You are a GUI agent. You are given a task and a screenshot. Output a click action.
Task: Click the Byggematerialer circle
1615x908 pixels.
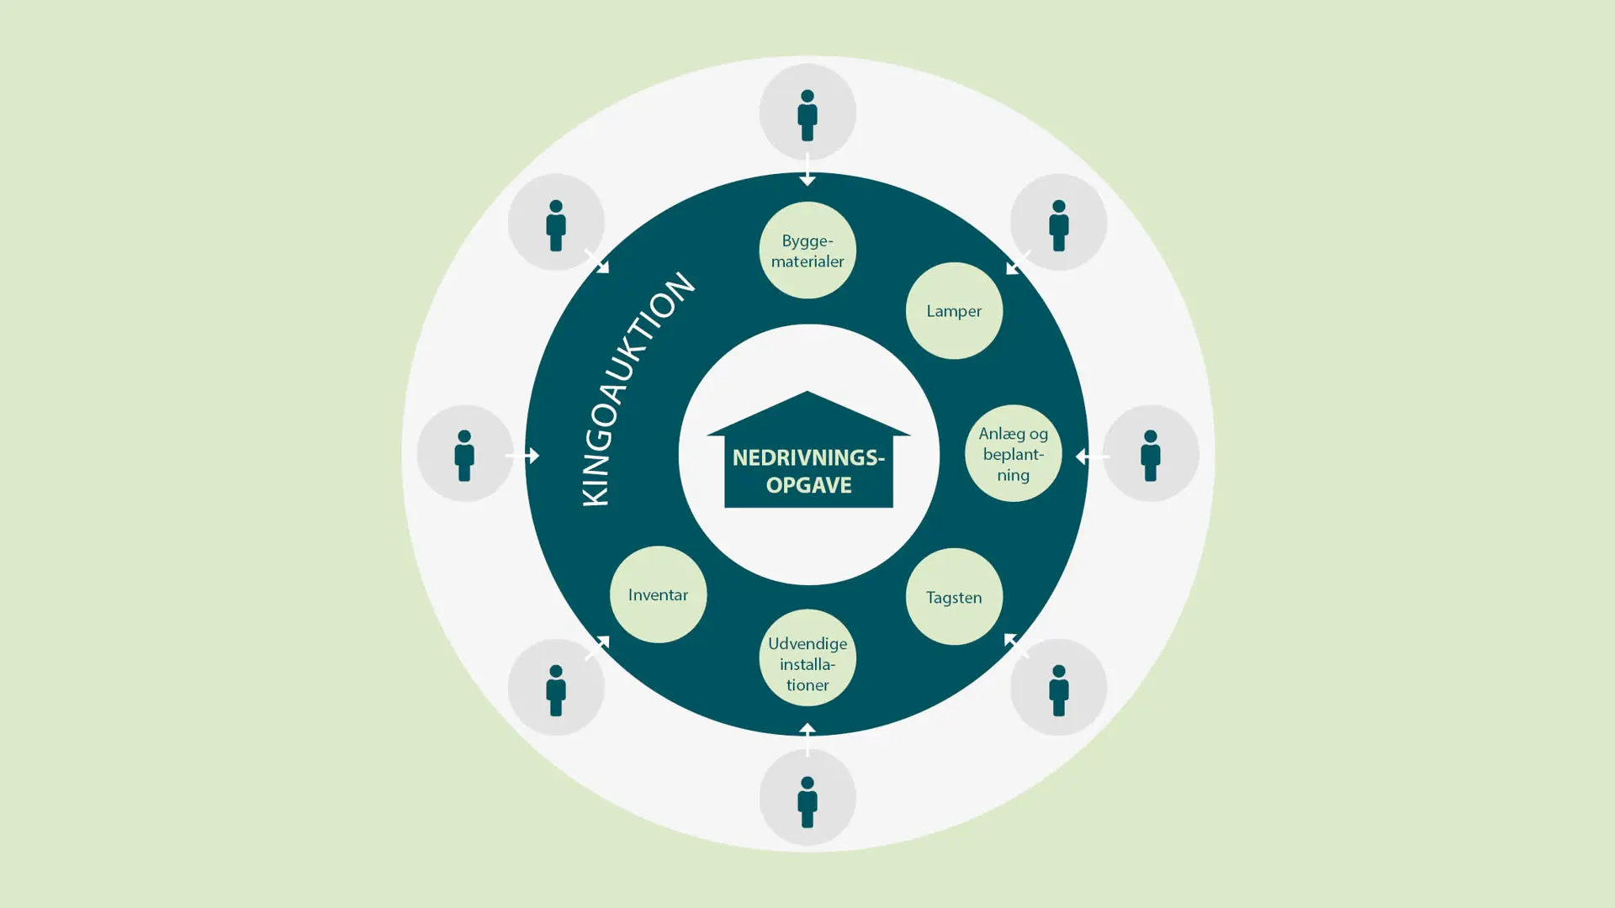point(807,251)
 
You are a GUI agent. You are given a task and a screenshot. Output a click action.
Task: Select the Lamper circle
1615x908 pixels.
point(954,311)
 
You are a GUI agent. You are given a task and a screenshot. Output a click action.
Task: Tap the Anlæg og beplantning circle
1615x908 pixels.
point(1013,454)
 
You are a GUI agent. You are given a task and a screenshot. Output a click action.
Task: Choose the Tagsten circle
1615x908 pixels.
point(954,597)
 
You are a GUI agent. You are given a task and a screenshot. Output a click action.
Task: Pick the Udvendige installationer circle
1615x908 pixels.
point(807,658)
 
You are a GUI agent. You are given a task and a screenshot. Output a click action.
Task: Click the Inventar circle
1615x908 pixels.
point(658,594)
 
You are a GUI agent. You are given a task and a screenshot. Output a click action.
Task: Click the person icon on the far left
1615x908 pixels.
point(464,454)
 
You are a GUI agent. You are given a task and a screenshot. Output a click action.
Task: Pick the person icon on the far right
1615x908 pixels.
point(1150,454)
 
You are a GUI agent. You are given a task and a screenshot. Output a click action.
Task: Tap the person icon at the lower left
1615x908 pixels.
point(556,689)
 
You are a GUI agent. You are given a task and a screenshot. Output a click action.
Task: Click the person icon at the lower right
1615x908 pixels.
point(1058,689)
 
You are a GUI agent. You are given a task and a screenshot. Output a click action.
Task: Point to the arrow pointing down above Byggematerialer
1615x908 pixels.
point(807,171)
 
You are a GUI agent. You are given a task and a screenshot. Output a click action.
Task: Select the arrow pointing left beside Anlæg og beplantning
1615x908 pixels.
point(1092,457)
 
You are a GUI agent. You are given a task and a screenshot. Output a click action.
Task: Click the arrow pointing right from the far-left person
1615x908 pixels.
point(523,455)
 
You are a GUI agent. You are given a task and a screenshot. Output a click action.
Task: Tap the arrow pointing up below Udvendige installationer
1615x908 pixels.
point(807,738)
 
